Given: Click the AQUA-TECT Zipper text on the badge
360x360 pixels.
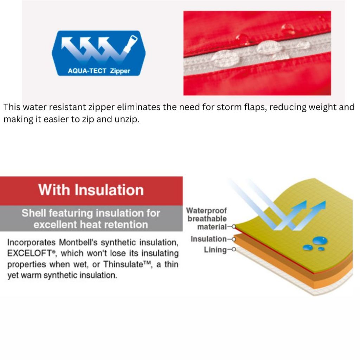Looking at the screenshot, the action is tap(99, 71).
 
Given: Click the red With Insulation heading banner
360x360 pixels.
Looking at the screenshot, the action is tap(91, 191).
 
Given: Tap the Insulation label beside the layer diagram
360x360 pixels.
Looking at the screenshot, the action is tap(208, 239).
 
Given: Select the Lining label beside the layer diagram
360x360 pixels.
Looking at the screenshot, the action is tap(215, 250).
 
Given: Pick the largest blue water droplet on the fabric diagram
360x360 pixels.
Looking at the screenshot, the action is tap(320, 240).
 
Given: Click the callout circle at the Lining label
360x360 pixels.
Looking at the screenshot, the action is tap(234, 249).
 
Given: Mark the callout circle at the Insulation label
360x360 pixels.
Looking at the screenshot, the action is tap(234, 239).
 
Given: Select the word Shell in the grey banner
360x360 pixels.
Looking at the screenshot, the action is tap(33, 213).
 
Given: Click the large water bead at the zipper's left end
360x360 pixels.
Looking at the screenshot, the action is tap(224, 58).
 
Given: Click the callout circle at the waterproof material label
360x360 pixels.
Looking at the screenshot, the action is tap(234, 227).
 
